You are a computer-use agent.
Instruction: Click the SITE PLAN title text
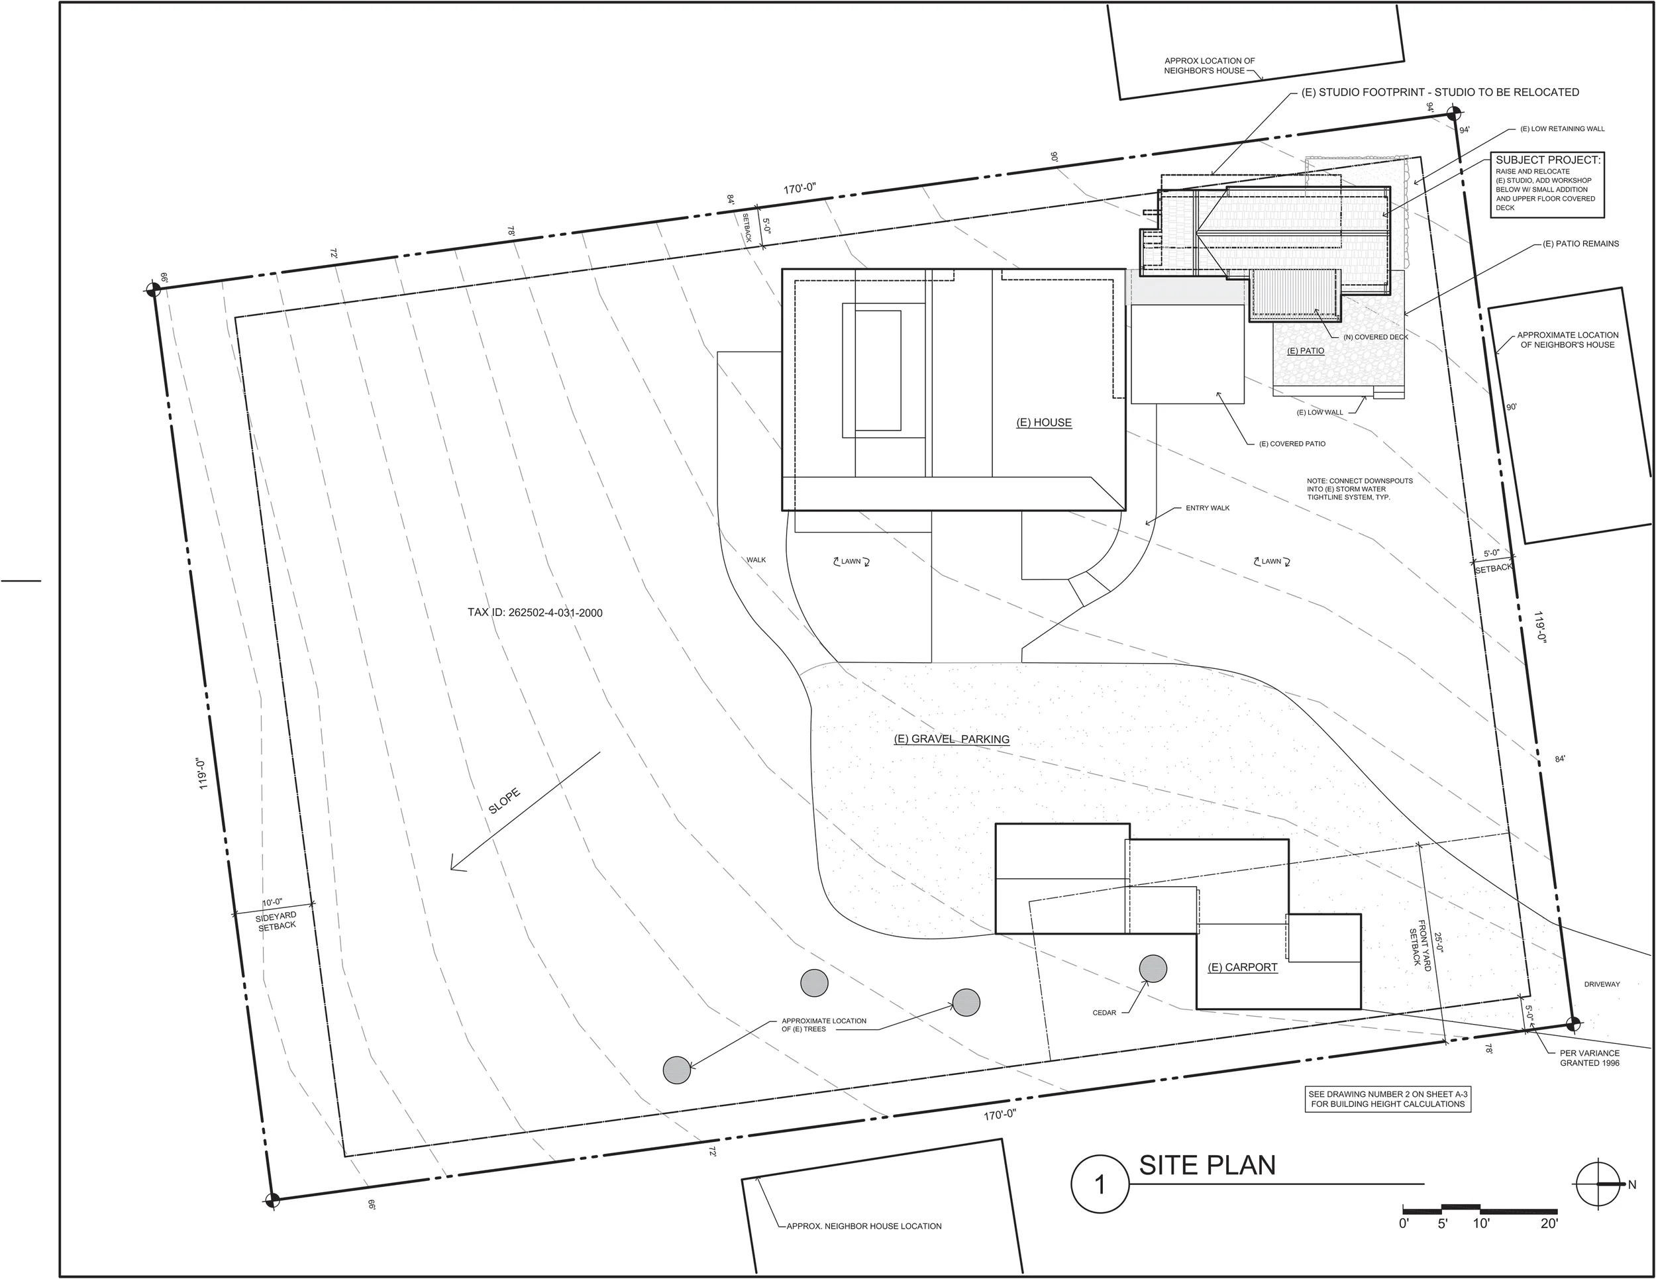point(1206,1166)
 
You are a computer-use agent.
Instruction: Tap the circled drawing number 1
point(1100,1185)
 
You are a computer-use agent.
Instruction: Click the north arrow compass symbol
point(1598,1184)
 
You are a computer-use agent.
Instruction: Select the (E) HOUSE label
point(1043,423)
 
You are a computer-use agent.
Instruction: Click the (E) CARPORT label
point(1242,968)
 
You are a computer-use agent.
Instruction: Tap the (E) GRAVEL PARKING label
point(952,739)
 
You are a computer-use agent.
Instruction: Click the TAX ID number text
point(535,613)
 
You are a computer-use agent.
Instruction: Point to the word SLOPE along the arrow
point(504,801)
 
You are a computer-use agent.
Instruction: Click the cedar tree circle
point(1153,968)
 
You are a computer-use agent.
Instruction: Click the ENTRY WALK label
point(1207,508)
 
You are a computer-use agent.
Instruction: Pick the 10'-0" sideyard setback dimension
point(272,902)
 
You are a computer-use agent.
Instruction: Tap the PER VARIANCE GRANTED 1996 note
point(1589,1058)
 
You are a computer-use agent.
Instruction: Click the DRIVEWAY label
point(1602,984)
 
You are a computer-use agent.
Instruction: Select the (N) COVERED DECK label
point(1375,336)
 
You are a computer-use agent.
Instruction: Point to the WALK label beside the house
point(756,560)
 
